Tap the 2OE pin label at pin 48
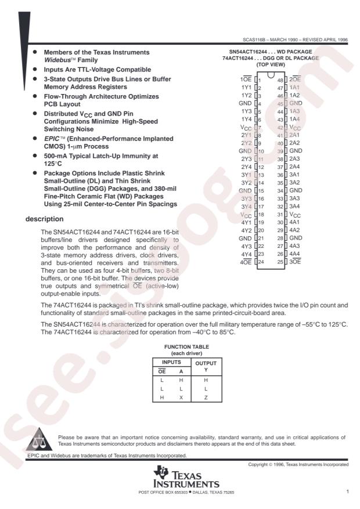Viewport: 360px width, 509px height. click(296, 79)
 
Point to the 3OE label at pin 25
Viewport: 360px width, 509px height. click(296, 262)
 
